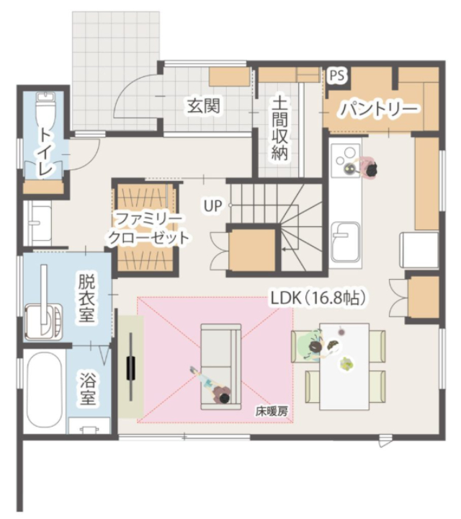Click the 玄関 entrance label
(203, 106)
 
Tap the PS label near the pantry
(336, 74)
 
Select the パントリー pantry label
(379, 109)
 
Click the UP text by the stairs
(212, 205)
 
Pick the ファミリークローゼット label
(148, 228)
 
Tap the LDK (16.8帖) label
(318, 298)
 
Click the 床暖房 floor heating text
(272, 412)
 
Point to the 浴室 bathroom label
(88, 386)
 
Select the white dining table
(344, 365)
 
